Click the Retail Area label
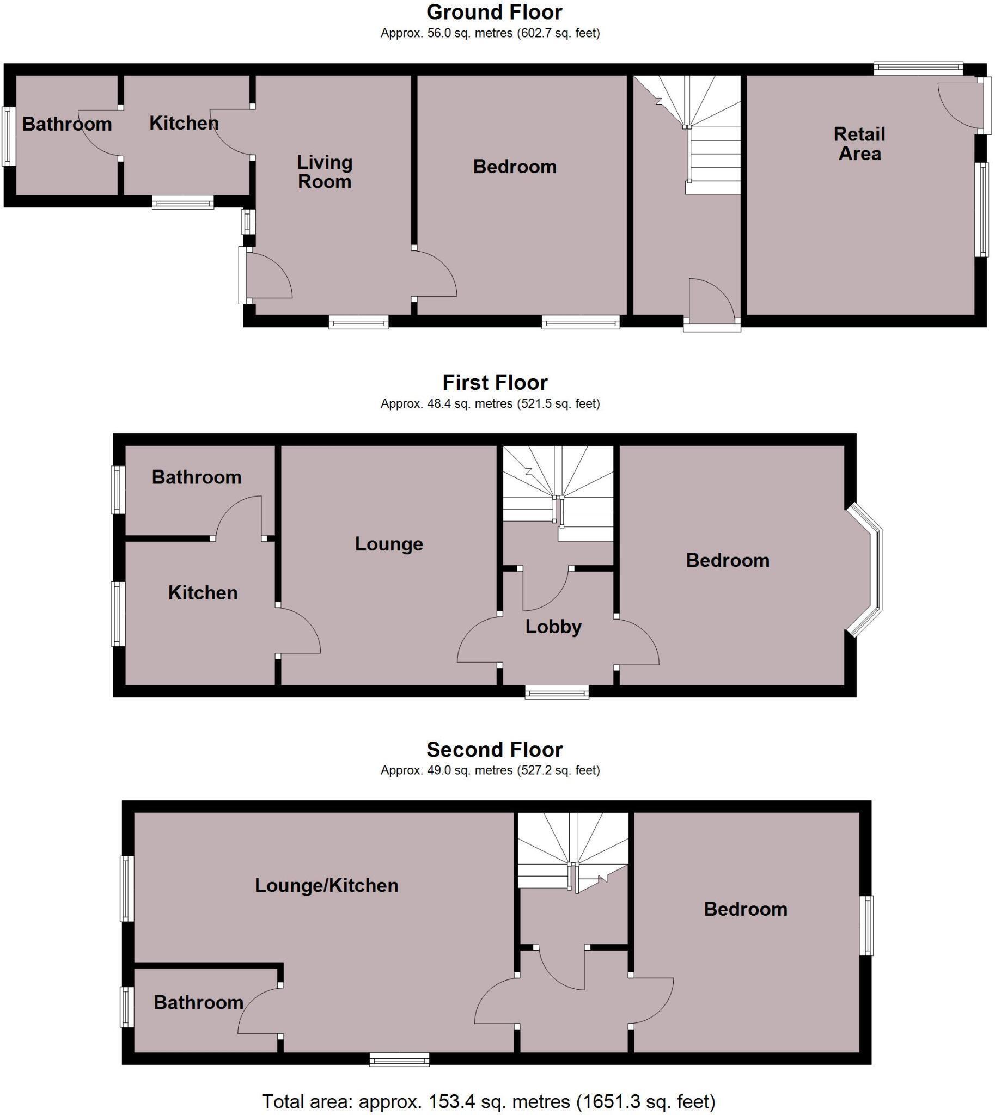click(859, 144)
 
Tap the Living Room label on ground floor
click(324, 171)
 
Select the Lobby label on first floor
click(553, 626)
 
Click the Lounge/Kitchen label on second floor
click(326, 885)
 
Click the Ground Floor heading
click(494, 12)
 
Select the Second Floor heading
click(494, 749)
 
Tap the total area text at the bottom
click(488, 1101)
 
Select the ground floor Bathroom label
click(66, 124)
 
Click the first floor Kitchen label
click(203, 592)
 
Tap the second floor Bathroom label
click(198, 1002)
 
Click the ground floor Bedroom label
click(515, 167)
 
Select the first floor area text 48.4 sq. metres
click(490, 403)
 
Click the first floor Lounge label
click(389, 543)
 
